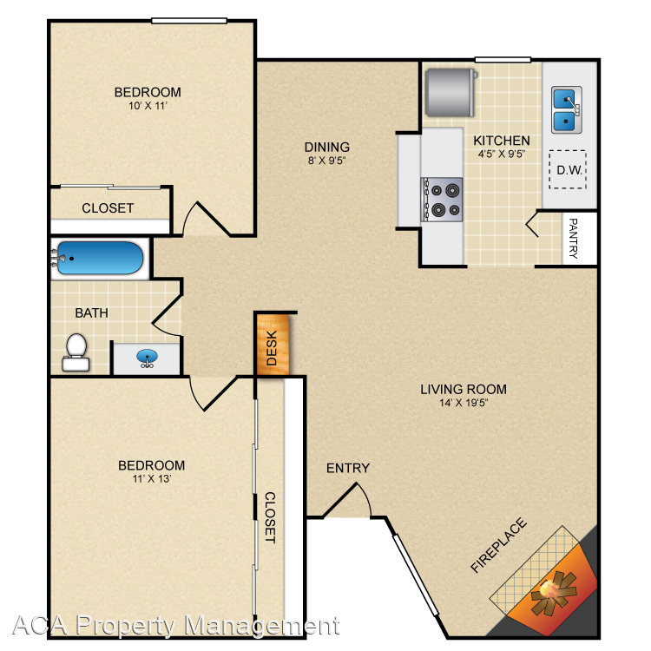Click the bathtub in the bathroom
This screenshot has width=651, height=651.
[x=100, y=258]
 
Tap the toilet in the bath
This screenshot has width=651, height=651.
[x=76, y=352]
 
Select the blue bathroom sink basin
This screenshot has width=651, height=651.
[x=147, y=357]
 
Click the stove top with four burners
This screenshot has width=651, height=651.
[x=442, y=200]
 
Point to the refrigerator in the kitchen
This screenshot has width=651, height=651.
[x=450, y=92]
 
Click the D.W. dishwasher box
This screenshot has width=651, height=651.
[x=568, y=169]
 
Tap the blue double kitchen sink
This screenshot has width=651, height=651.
[x=566, y=110]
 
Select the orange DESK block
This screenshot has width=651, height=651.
[x=273, y=345]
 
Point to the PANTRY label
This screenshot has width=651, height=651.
[x=573, y=239]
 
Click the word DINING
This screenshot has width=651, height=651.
[x=326, y=147]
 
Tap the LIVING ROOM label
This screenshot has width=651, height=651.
[x=464, y=390]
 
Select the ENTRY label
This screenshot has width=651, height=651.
[x=348, y=469]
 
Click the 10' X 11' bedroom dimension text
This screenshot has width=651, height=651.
[x=148, y=106]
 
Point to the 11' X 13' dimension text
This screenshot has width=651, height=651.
[x=152, y=478]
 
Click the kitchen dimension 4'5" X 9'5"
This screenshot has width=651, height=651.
[x=502, y=154]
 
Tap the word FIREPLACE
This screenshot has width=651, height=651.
[x=498, y=546]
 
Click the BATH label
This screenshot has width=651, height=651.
[x=91, y=312]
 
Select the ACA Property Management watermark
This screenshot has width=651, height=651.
[x=176, y=625]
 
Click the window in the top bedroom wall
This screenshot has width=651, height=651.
[x=189, y=21]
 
